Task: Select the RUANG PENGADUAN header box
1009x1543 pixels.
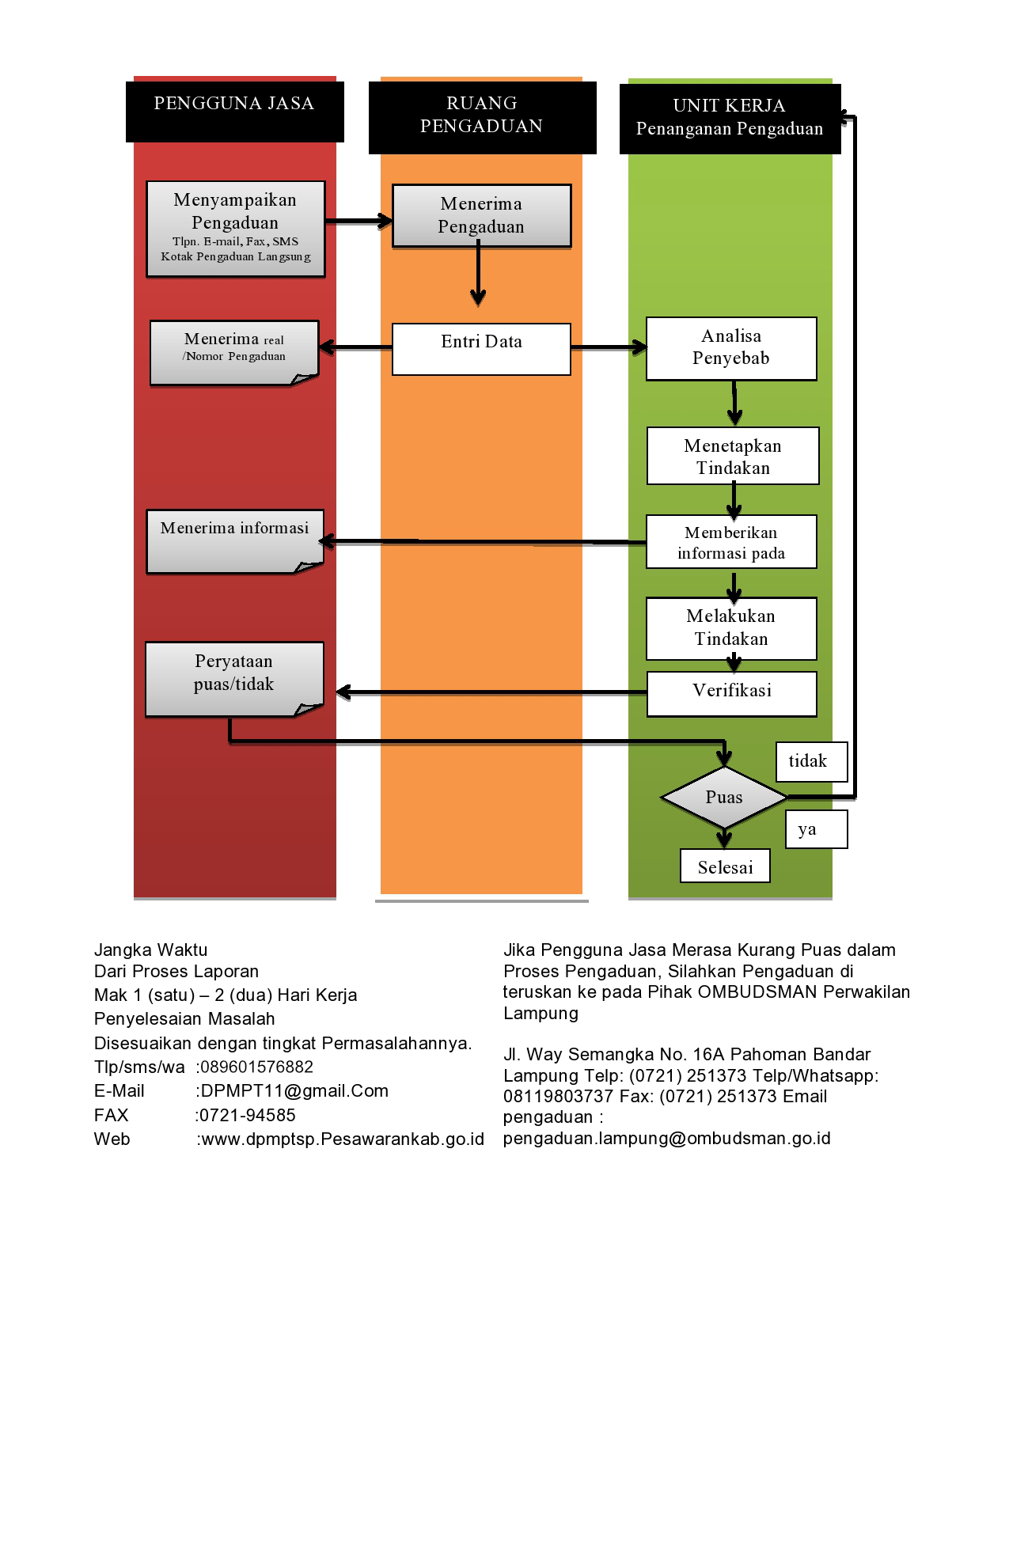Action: [x=482, y=117]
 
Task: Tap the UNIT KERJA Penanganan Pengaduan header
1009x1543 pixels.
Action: [x=730, y=119]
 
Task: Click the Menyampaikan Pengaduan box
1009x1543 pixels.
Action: [x=236, y=229]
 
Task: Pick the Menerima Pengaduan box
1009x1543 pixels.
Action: [x=481, y=216]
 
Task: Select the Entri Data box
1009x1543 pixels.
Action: [x=481, y=349]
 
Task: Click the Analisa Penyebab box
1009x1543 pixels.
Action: [x=731, y=349]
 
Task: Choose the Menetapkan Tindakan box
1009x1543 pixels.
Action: [x=733, y=456]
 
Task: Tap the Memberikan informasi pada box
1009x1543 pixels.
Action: [x=731, y=542]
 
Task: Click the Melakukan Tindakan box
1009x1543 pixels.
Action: [x=731, y=628]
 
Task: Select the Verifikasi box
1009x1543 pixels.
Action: [x=732, y=694]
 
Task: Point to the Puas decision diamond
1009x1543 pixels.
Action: [x=724, y=798]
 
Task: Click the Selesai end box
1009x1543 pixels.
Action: [x=725, y=866]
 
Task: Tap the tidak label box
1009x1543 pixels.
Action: [x=812, y=761]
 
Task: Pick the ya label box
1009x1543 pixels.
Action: [x=817, y=829]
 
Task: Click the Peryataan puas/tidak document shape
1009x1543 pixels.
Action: [x=234, y=679]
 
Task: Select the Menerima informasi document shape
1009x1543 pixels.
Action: [x=235, y=541]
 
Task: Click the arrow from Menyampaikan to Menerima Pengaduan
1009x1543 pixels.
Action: [x=359, y=222]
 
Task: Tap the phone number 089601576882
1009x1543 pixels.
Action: [x=256, y=1067]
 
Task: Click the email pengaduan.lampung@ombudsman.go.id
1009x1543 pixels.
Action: [x=667, y=1139]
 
